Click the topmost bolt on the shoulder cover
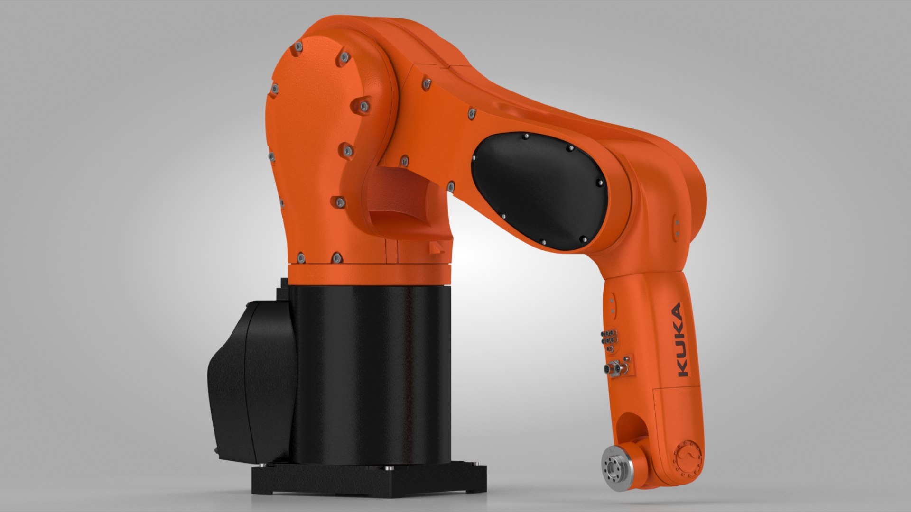[x=298, y=47]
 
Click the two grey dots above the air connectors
[x=612, y=306]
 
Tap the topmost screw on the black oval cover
[x=525, y=137]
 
